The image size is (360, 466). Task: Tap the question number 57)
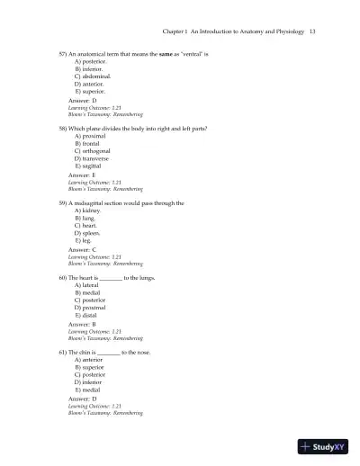(x=63, y=55)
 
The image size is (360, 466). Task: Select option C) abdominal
(x=89, y=77)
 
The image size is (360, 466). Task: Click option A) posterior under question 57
(x=89, y=62)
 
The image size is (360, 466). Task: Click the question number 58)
(x=63, y=129)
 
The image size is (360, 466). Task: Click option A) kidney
(x=86, y=211)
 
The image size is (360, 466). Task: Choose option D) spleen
(x=87, y=233)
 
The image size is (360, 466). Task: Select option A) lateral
(x=87, y=285)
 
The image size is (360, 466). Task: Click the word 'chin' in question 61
(x=87, y=352)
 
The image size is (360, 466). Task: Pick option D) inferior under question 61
(x=89, y=382)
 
